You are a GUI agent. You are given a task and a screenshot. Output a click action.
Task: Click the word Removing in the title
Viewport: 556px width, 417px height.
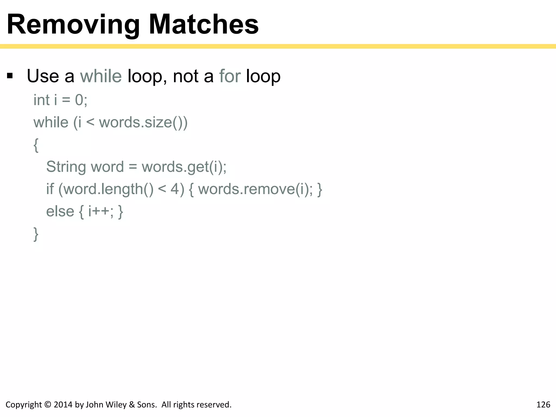coord(73,25)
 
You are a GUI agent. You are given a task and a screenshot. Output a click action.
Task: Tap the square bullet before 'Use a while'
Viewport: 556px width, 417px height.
coord(10,75)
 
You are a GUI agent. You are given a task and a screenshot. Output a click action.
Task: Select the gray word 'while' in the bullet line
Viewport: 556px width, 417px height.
coord(101,76)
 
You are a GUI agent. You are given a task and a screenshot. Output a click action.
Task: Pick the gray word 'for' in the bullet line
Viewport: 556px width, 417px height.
coord(230,76)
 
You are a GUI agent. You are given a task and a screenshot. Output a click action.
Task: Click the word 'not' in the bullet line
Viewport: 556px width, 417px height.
coord(186,76)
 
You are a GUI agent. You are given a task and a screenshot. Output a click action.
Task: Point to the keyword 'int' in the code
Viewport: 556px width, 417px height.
coord(42,100)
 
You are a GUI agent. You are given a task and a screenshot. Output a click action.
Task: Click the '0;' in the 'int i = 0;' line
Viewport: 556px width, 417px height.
coord(81,100)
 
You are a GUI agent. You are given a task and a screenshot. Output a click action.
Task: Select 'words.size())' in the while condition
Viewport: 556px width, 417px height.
coord(143,122)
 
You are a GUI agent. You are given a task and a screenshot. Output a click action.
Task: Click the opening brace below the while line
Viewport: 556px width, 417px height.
coord(36,145)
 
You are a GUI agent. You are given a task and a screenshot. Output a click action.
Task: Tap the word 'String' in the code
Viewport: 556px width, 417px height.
coord(66,167)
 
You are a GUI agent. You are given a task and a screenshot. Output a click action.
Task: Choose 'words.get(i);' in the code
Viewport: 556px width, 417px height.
coord(184,167)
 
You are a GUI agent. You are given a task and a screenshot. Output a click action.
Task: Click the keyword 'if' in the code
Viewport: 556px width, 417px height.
coord(50,189)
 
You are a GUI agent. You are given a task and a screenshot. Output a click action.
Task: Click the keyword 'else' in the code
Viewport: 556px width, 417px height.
coord(60,211)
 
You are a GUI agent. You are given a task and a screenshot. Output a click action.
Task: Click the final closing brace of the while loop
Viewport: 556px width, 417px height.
coord(36,234)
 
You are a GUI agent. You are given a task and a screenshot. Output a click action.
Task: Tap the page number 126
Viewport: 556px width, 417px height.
coord(543,405)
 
